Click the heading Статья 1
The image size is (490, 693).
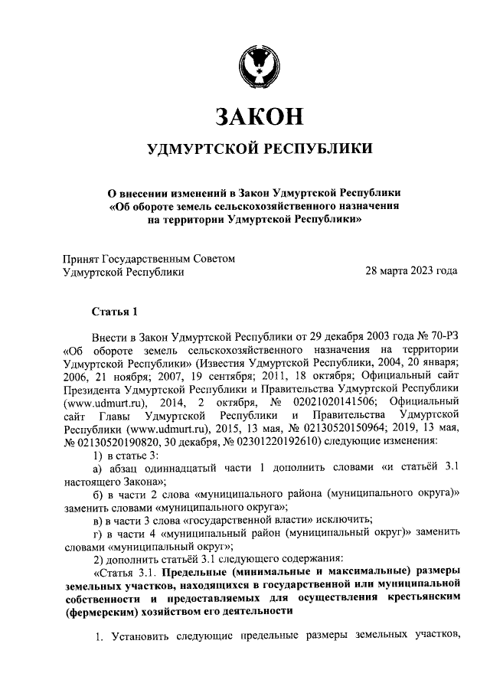click(115, 311)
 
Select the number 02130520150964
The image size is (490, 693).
click(325, 429)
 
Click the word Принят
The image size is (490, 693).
click(81, 259)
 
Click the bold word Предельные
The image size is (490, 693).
click(202, 573)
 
